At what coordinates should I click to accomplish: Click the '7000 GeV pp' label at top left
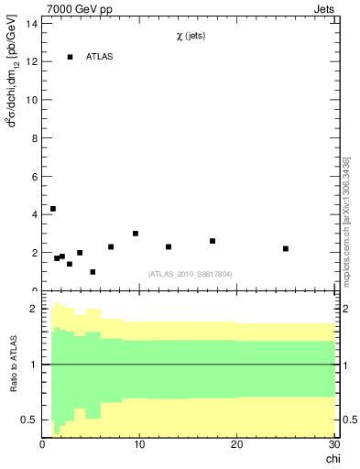click(80, 10)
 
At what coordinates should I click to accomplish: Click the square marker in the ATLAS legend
click(70, 57)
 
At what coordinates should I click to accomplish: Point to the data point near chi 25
click(286, 248)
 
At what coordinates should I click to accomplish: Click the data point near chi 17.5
click(213, 241)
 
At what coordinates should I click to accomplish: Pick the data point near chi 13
click(169, 246)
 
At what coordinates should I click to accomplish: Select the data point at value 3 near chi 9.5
click(136, 234)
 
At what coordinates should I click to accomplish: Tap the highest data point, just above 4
click(53, 209)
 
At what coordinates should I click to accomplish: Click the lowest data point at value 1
click(93, 272)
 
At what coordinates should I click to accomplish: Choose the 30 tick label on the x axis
click(333, 444)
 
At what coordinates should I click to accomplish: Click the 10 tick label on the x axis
click(139, 444)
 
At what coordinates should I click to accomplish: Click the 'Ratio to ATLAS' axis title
click(14, 365)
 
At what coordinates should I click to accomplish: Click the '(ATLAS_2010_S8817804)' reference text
click(190, 273)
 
